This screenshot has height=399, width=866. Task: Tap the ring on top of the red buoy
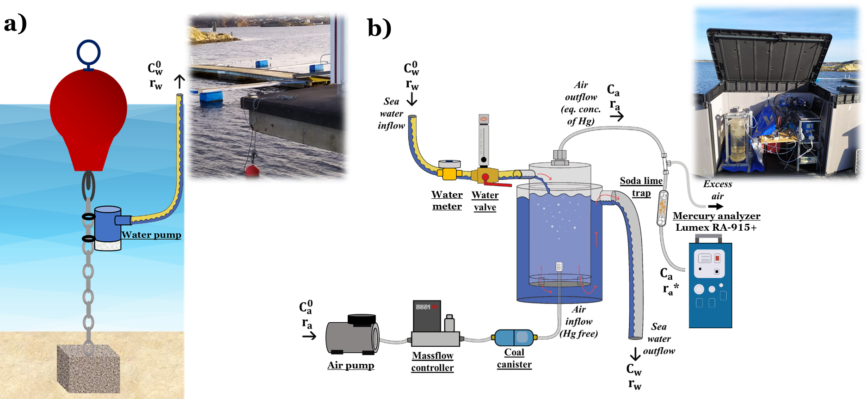coord(88,52)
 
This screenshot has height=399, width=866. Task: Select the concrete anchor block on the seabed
coord(88,369)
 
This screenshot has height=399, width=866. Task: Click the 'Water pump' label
coord(151,235)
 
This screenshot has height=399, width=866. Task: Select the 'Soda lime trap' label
coord(641,187)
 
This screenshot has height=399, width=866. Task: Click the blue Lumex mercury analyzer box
coord(710,284)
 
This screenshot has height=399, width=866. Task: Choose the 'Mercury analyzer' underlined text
coord(716,216)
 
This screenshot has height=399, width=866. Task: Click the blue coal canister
coord(514,338)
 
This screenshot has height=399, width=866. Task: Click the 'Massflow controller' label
coord(432,362)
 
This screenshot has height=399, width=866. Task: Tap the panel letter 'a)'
coord(15,23)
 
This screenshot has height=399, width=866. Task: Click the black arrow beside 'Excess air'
coord(715,206)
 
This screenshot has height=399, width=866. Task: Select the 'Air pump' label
coord(351,365)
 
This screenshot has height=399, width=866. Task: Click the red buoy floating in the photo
coord(252,171)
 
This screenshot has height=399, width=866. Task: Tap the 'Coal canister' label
coord(514,358)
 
